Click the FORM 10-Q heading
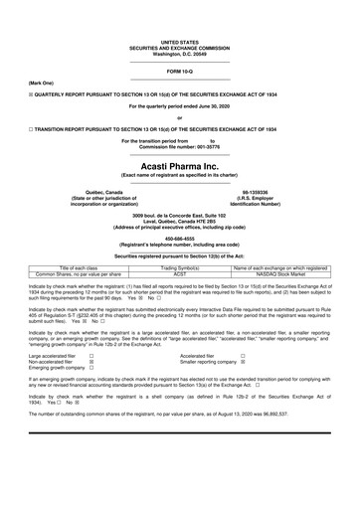[x=180, y=73]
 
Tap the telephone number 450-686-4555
[x=180, y=238]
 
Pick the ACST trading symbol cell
[x=181, y=275]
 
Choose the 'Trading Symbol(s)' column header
[x=181, y=268]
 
